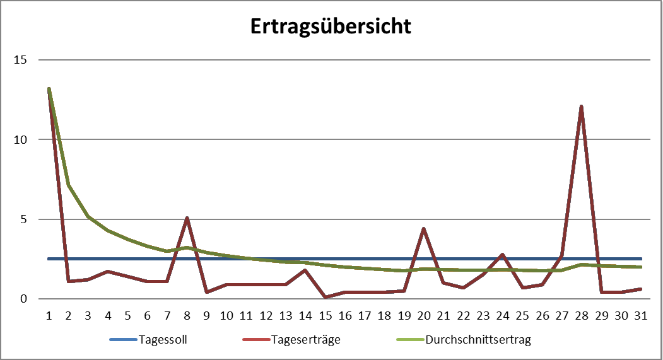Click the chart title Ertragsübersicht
pyautogui.click(x=331, y=26)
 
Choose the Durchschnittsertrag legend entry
pyautogui.click(x=478, y=340)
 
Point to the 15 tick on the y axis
pyautogui.click(x=21, y=60)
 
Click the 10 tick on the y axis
pyautogui.click(x=21, y=139)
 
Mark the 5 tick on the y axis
pyautogui.click(x=24, y=219)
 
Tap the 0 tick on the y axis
pyautogui.click(x=24, y=299)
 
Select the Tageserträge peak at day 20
pyautogui.click(x=423, y=228)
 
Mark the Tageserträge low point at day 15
pyautogui.click(x=325, y=297)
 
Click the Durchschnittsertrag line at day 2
pyautogui.click(x=68, y=185)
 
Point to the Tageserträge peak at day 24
pyautogui.click(x=502, y=254)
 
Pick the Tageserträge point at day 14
pyautogui.click(x=305, y=270)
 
